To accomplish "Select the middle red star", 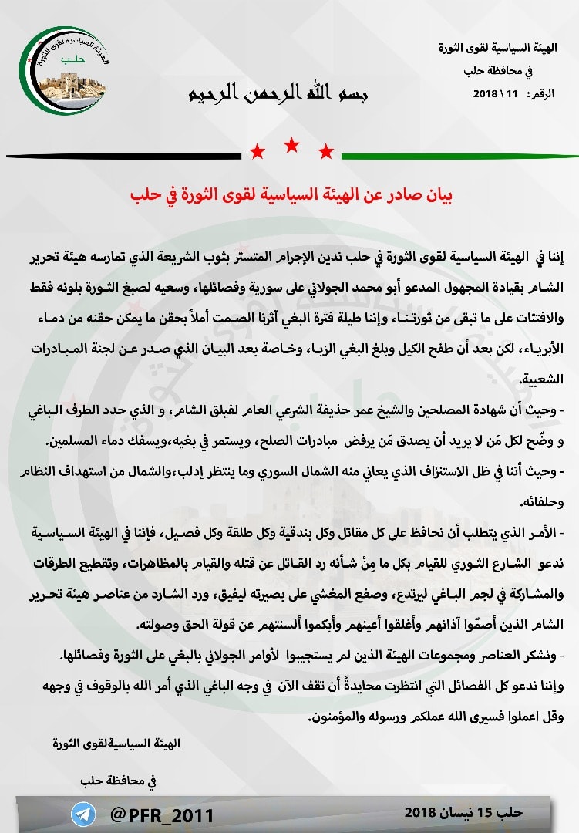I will coord(291,143).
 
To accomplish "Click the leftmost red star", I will coord(258,150).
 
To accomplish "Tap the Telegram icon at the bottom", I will coord(83,814).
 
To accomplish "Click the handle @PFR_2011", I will coord(163,815).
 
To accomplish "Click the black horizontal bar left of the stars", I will coord(123,157).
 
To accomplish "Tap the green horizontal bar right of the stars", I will coord(455,157).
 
